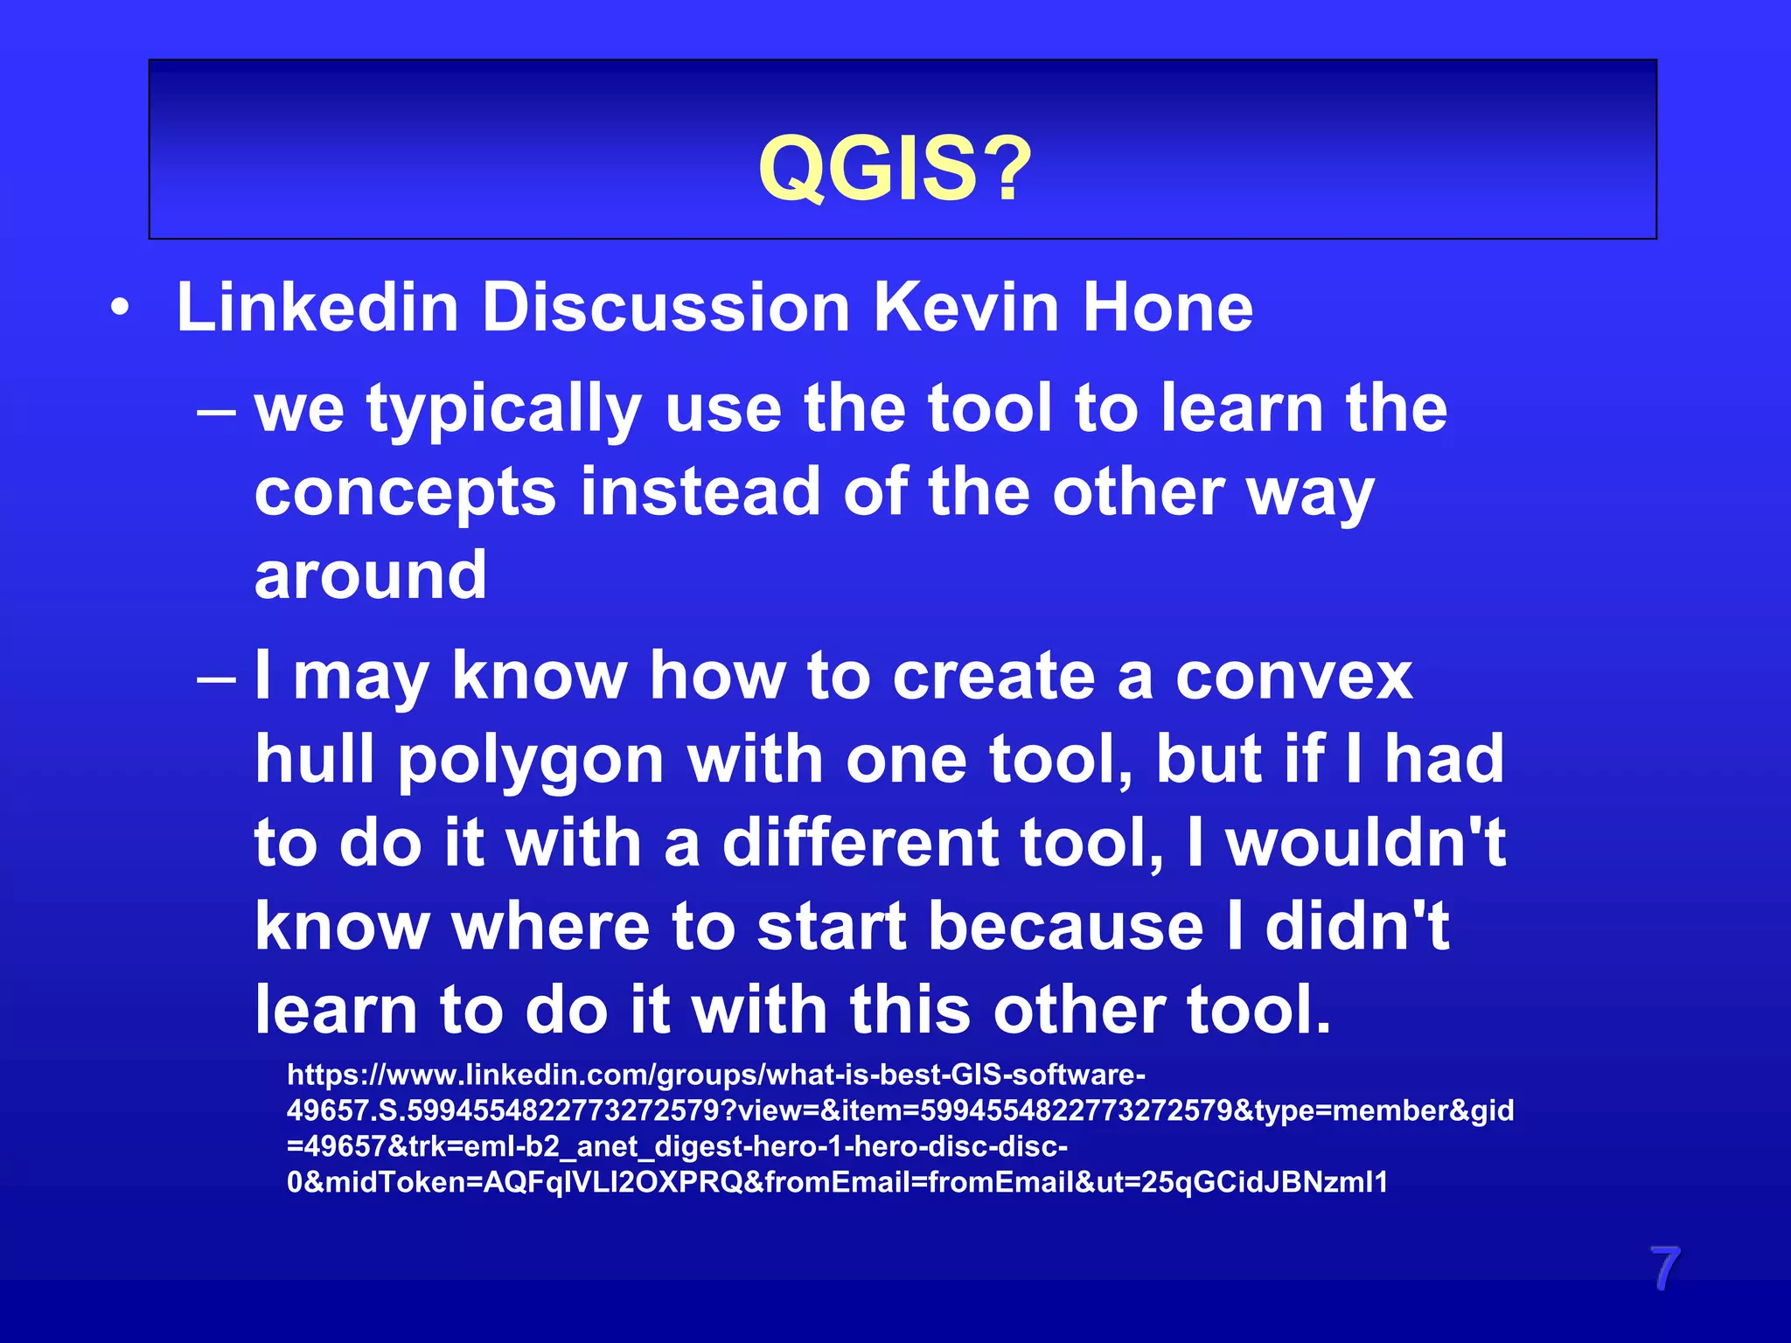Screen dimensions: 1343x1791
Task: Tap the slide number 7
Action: point(1664,1269)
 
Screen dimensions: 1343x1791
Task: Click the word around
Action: point(370,575)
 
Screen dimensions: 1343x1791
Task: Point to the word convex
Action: point(1293,677)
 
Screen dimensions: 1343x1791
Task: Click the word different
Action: point(861,843)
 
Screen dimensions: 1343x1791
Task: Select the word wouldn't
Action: point(1365,843)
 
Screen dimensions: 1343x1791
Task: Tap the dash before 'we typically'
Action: point(216,411)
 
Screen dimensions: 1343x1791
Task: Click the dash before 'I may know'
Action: point(216,678)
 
